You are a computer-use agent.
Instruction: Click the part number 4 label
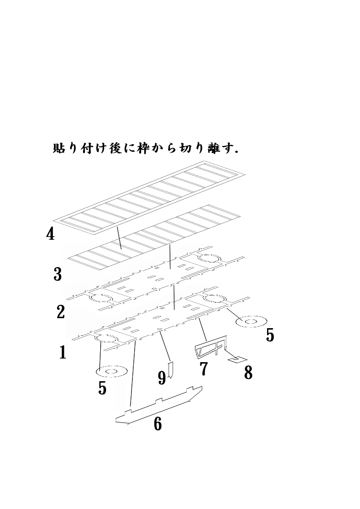(50, 234)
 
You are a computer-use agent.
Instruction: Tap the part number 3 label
(58, 274)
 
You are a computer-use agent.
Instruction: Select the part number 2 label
(61, 312)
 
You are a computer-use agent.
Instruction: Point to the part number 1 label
(63, 353)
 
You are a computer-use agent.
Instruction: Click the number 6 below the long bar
(157, 424)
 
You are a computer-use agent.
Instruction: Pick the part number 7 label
(204, 369)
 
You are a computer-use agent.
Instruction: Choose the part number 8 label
(248, 373)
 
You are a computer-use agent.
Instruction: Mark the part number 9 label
(162, 378)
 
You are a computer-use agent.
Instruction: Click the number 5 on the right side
(270, 335)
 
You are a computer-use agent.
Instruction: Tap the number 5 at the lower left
(102, 388)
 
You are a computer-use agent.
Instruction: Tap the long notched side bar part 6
(159, 405)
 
